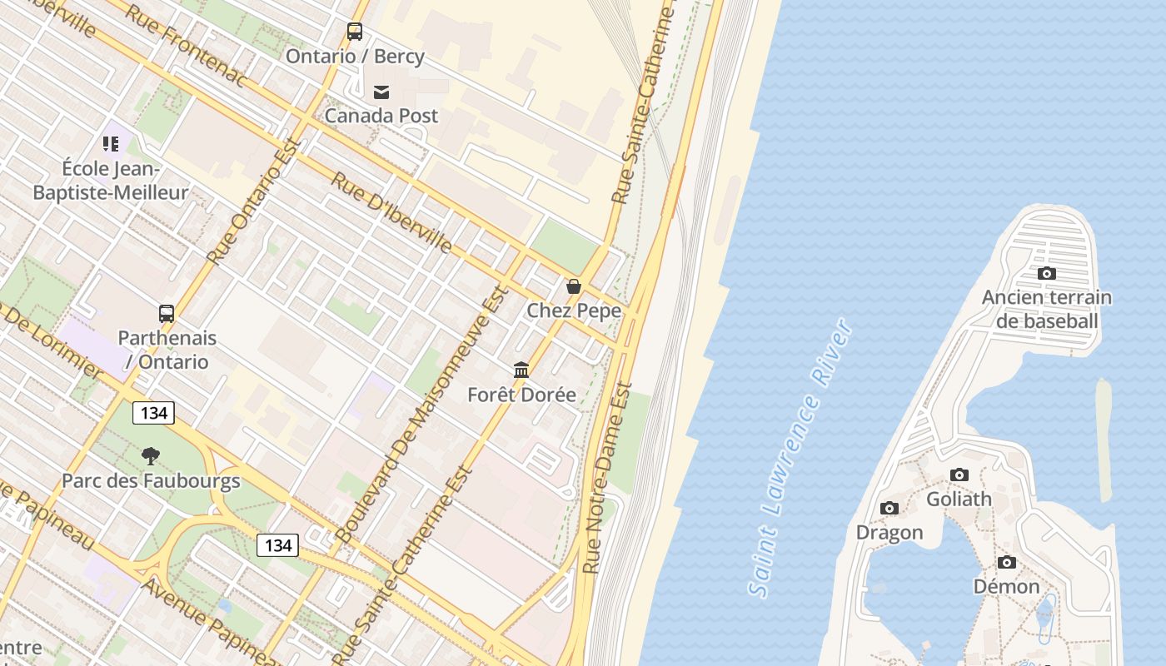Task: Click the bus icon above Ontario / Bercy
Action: pos(355,32)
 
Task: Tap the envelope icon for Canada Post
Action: pos(381,92)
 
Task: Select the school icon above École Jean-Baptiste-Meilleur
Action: pos(111,144)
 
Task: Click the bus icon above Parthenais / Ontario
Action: pos(167,314)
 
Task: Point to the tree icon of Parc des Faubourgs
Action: pos(151,455)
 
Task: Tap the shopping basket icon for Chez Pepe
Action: pos(574,286)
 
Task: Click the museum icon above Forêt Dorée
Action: pos(521,370)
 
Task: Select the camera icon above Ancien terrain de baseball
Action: pos(1047,273)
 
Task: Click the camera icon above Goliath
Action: pos(959,475)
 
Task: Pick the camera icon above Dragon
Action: pos(889,508)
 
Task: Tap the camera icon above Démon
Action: pos(1007,562)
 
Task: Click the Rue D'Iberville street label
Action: pos(391,212)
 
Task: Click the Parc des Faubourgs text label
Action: pos(151,480)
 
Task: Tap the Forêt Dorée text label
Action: pos(521,395)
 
